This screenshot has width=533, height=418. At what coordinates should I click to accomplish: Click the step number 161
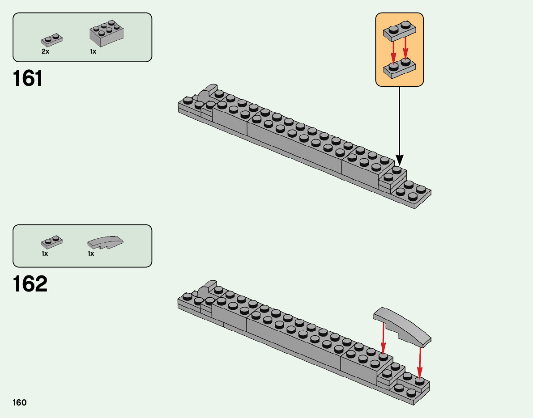(x=28, y=79)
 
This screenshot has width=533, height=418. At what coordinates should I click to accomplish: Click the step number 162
(x=30, y=284)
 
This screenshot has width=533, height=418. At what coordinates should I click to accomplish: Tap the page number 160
(x=20, y=403)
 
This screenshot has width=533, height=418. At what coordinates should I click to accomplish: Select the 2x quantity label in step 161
(x=45, y=51)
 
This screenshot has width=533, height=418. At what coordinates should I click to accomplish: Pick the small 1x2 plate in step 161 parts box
(x=52, y=40)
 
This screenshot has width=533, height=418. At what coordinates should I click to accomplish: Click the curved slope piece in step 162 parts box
(x=105, y=242)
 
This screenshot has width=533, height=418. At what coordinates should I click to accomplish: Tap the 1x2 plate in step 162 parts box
(x=52, y=242)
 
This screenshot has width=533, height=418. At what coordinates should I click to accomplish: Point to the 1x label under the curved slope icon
(x=91, y=253)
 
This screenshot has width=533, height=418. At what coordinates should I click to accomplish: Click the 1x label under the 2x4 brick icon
(x=93, y=51)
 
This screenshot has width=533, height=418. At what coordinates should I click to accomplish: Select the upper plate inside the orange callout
(x=399, y=30)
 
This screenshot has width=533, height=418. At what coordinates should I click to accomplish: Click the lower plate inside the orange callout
(x=399, y=68)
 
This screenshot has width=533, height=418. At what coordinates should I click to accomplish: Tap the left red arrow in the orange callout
(x=393, y=51)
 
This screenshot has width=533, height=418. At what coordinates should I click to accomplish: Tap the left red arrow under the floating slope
(x=383, y=338)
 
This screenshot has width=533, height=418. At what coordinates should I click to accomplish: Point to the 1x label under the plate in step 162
(x=45, y=253)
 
